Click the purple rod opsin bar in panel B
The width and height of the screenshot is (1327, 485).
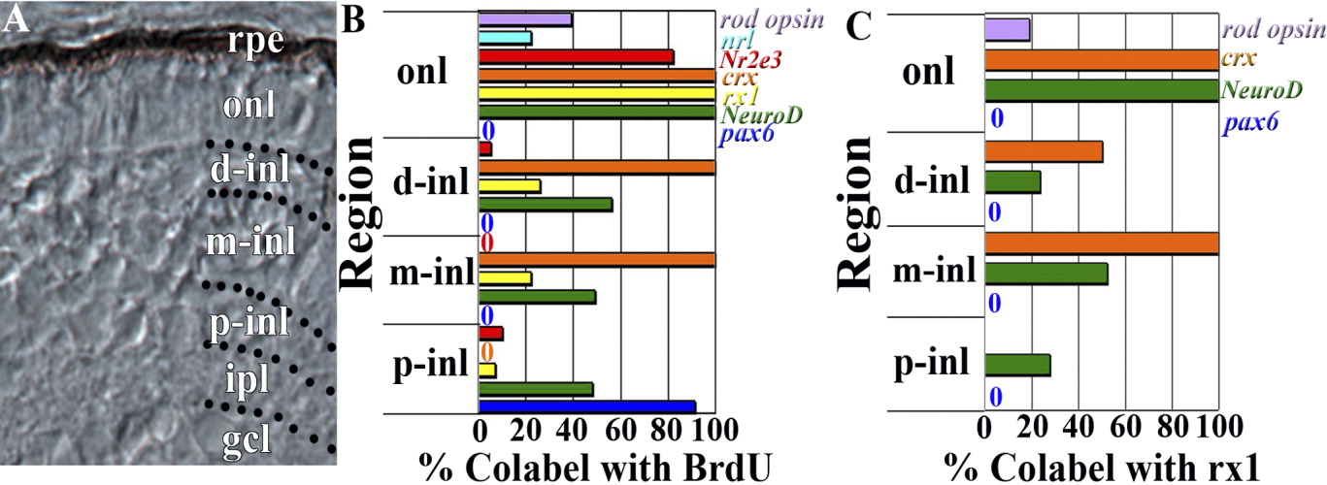coord(525,19)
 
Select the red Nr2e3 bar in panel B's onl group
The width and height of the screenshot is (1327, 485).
coord(576,57)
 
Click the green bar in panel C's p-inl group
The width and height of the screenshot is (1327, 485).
coord(1017,365)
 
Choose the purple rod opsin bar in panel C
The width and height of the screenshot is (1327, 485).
coord(1007,31)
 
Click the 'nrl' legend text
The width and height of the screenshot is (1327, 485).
coord(734,40)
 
